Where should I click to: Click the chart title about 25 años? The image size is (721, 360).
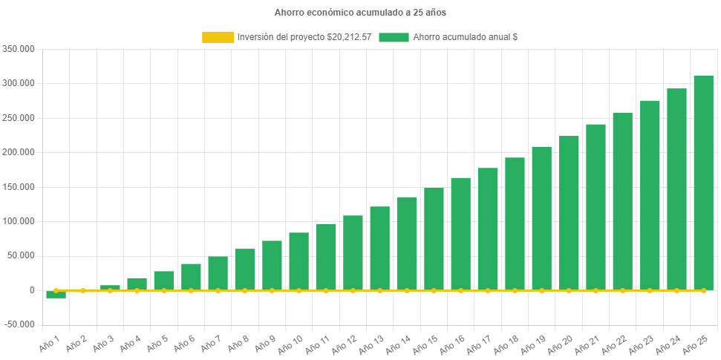[360, 13]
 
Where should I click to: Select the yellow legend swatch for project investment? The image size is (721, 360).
[217, 37]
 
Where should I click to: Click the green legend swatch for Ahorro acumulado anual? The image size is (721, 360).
[394, 37]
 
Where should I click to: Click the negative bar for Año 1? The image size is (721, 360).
[56, 295]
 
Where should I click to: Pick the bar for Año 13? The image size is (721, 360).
[379, 248]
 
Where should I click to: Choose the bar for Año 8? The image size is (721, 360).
[245, 269]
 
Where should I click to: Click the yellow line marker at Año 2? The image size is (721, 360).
[83, 291]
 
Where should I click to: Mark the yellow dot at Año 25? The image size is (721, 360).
[703, 291]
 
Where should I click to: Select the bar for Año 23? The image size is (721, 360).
[650, 194]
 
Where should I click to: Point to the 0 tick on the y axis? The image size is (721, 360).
[32, 290]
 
